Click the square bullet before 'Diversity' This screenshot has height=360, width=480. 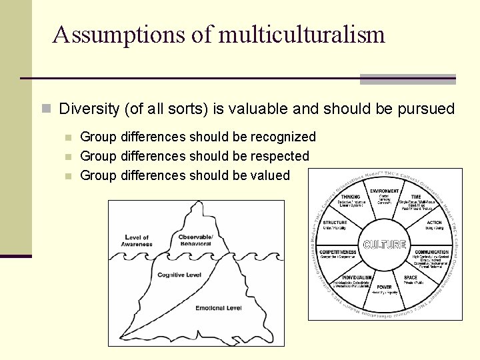click(46, 109)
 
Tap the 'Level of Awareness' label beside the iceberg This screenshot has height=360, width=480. click(137, 241)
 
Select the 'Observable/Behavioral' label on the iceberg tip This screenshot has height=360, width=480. click(195, 241)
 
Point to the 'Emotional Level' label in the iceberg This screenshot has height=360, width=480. click(219, 308)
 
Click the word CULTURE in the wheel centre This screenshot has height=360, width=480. click(384, 245)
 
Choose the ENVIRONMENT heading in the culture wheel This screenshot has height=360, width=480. click(385, 191)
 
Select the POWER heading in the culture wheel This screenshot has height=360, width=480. click(385, 287)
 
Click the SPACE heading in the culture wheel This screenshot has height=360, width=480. click(411, 277)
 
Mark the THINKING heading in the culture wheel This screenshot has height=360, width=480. click(350, 197)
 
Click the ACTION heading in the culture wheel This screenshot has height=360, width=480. click(434, 223)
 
